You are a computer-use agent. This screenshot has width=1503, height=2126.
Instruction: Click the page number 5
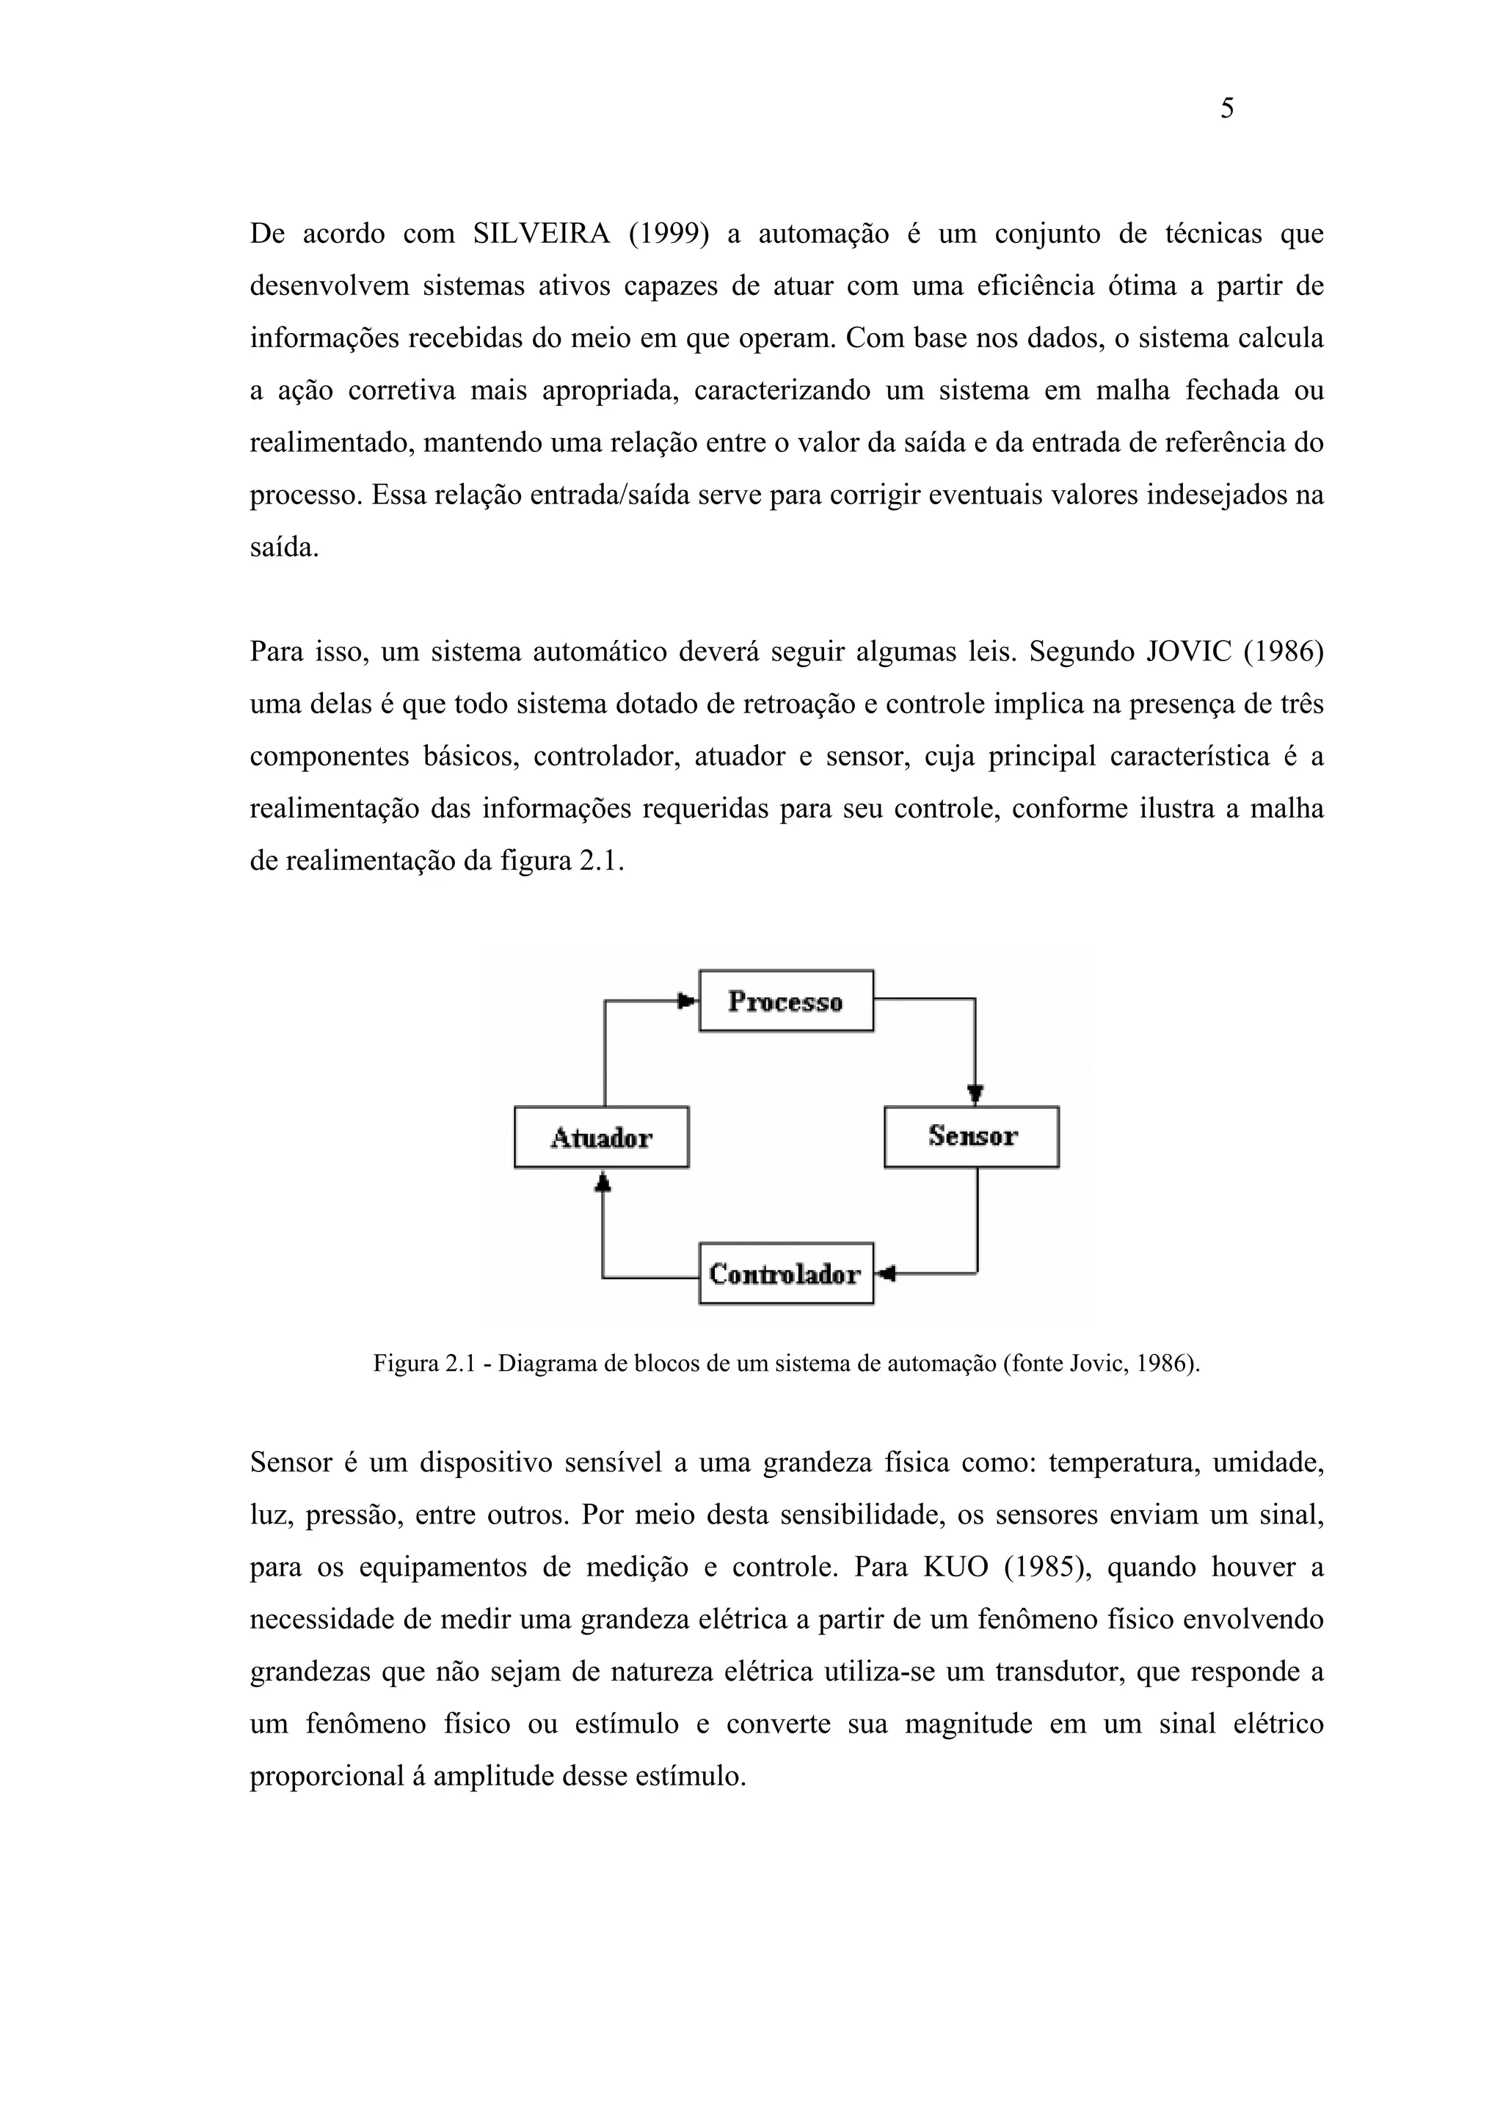point(1226,109)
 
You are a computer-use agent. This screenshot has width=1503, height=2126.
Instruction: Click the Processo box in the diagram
point(785,1001)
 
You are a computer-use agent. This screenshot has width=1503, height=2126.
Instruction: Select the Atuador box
point(601,1137)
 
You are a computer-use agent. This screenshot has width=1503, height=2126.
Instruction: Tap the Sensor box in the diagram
point(972,1136)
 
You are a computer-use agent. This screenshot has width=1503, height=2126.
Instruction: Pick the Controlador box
point(785,1273)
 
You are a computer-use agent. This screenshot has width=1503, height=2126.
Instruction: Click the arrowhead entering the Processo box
point(687,1001)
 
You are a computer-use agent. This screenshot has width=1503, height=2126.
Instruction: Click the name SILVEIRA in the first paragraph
point(541,234)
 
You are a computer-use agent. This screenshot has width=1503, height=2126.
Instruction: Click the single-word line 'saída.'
point(284,547)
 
